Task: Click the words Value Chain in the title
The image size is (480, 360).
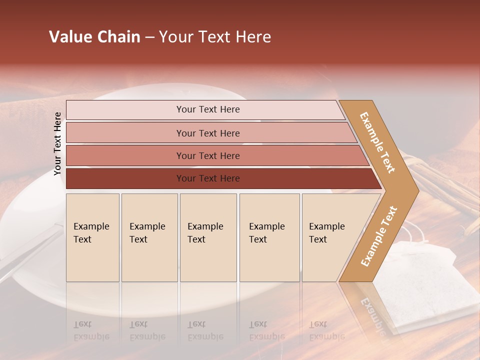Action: (94, 37)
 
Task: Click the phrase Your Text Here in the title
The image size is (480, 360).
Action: (215, 37)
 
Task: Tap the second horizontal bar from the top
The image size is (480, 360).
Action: (207, 133)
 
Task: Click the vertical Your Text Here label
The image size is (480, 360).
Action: (58, 143)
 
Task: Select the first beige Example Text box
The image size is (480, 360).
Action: (92, 237)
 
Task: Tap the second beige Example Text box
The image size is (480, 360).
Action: (149, 237)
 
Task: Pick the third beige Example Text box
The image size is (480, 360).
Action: (208, 237)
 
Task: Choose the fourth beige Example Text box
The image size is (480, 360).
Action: (269, 237)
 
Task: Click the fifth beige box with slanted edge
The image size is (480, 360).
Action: (330, 237)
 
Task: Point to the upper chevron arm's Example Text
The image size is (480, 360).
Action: (377, 142)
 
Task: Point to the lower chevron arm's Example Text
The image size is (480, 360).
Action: (378, 236)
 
